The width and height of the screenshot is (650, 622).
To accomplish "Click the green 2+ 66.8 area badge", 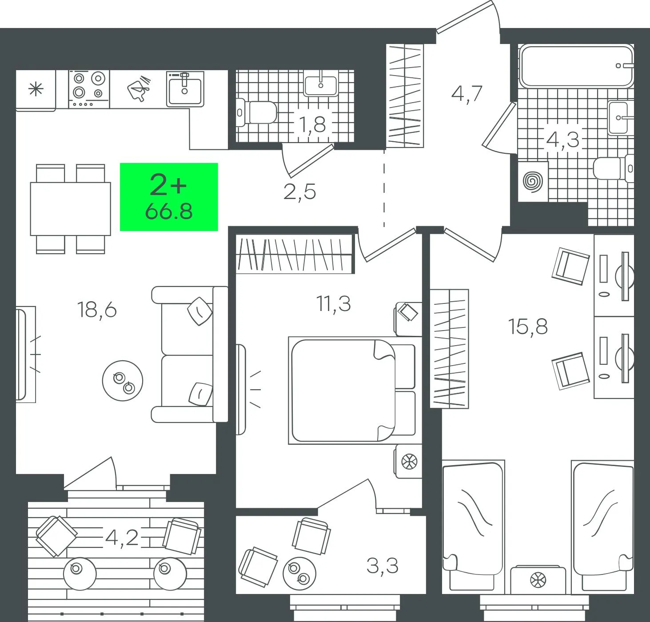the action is click(x=169, y=197).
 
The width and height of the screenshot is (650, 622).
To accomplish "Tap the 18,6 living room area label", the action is click(x=97, y=310).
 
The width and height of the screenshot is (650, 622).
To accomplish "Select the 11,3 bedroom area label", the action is click(x=334, y=304).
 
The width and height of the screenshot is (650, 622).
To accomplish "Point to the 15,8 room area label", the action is click(x=528, y=327).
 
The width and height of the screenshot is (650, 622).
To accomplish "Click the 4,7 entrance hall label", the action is click(x=467, y=94).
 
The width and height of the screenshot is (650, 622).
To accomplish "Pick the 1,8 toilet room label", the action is click(x=312, y=124).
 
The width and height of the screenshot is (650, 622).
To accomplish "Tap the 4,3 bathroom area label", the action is click(x=563, y=140).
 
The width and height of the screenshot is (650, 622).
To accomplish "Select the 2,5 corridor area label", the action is click(x=299, y=192).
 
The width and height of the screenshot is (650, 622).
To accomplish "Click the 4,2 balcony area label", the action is click(x=122, y=538).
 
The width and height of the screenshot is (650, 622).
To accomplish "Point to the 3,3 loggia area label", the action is click(x=383, y=566).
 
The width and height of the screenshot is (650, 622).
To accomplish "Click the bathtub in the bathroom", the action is click(x=576, y=66).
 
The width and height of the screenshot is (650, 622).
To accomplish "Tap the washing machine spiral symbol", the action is click(x=533, y=181).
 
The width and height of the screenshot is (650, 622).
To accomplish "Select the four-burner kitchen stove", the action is click(x=89, y=89).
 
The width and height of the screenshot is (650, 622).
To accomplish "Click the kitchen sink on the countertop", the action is click(x=185, y=89).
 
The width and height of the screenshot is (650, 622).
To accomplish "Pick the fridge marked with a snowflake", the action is click(x=36, y=90).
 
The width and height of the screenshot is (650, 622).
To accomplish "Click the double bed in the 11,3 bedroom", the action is click(x=352, y=390).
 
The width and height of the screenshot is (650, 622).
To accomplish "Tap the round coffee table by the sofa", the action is click(x=123, y=381).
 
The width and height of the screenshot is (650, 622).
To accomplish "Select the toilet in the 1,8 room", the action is click(x=256, y=112).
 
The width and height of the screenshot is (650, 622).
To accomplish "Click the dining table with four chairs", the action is click(x=71, y=209).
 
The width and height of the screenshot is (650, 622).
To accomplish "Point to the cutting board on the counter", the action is click(x=139, y=88).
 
